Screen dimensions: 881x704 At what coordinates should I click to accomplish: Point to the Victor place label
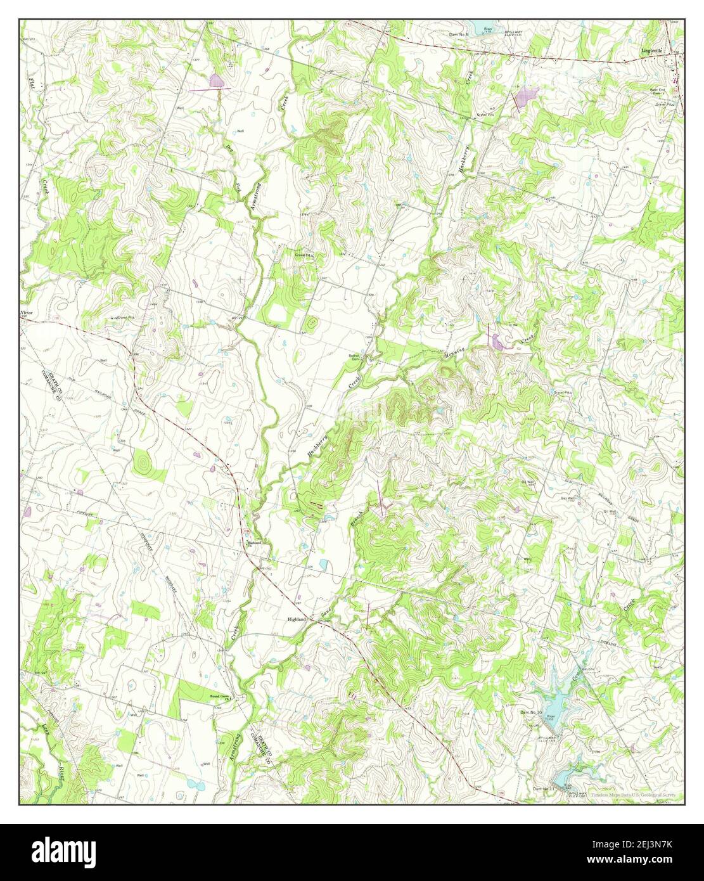click(26, 313)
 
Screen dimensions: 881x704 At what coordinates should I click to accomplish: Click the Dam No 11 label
click(544, 788)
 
